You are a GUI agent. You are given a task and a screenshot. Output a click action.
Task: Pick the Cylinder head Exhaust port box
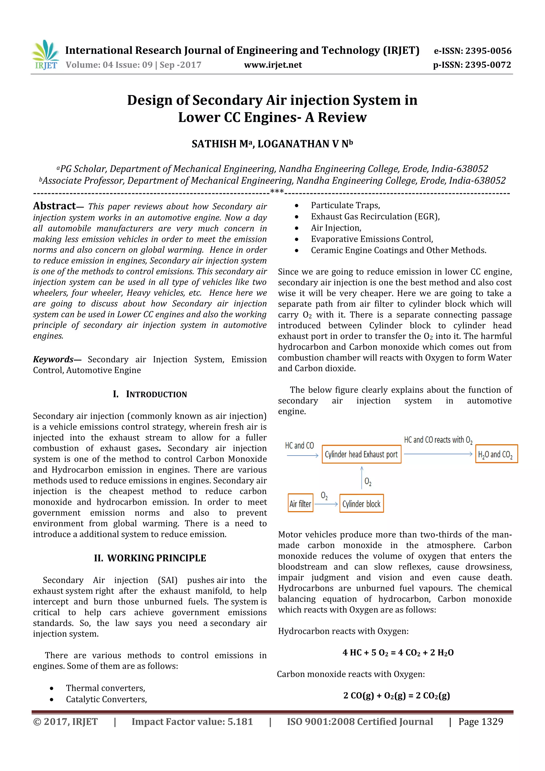361,454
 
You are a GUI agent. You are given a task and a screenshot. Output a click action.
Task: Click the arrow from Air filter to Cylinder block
326,504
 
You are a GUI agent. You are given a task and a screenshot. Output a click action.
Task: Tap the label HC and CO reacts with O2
438,440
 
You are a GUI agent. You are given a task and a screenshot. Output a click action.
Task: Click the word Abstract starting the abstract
54,206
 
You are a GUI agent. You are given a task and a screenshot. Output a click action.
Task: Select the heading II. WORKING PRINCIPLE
150,558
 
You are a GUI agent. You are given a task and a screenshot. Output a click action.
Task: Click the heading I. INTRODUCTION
150,394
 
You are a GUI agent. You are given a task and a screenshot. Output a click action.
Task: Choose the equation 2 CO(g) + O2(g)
396,695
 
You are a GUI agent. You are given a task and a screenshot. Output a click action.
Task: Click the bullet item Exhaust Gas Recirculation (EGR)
375,217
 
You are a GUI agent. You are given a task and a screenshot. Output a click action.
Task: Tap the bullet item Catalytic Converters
106,699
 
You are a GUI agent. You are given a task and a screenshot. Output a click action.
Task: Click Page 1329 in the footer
481,722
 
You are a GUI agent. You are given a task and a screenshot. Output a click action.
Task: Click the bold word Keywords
53,359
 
